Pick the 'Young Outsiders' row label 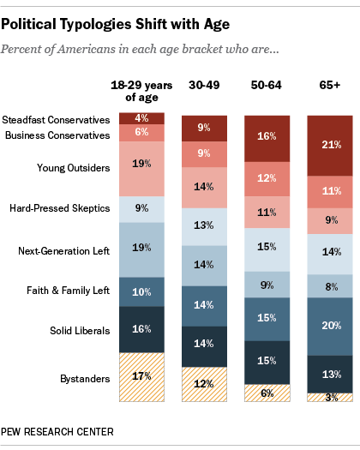[x=73, y=168]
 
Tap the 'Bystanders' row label [x=83, y=378]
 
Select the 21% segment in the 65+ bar [x=329, y=143]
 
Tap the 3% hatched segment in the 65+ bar [x=329, y=398]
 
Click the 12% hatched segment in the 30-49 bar [x=203, y=384]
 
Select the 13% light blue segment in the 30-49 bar [x=203, y=226]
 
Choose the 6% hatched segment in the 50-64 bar [x=266, y=393]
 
